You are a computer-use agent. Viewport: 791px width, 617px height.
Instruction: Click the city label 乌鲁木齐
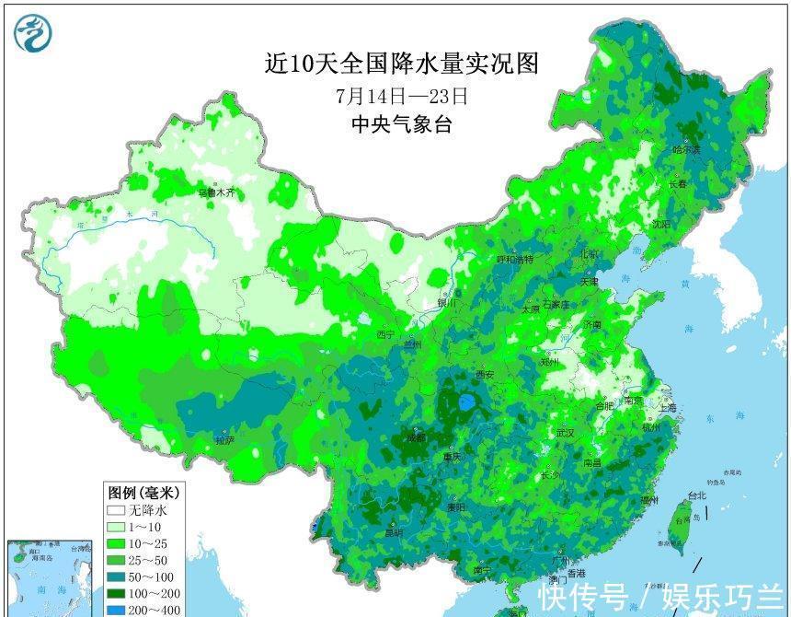pyautogui.click(x=218, y=193)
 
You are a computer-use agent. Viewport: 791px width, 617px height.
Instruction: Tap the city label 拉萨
pyautogui.click(x=224, y=441)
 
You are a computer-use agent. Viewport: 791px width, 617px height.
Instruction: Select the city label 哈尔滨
pyautogui.click(x=685, y=149)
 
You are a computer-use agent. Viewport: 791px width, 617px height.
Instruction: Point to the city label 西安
pyautogui.click(x=485, y=375)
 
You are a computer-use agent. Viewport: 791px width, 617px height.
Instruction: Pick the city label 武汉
pyautogui.click(x=564, y=433)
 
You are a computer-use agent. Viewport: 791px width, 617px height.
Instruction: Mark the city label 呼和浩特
pyautogui.click(x=514, y=260)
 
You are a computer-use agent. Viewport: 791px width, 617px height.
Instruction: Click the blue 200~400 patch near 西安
pyautogui.click(x=467, y=402)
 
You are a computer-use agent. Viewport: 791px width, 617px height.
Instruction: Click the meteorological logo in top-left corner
pyautogui.click(x=33, y=33)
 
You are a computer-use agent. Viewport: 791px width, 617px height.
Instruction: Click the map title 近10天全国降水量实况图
pyautogui.click(x=401, y=64)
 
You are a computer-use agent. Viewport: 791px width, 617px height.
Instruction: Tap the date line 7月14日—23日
pyautogui.click(x=402, y=95)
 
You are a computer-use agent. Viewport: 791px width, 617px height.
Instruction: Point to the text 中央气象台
pyautogui.click(x=402, y=125)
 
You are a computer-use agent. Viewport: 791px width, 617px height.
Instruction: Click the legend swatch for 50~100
pyautogui.click(x=115, y=576)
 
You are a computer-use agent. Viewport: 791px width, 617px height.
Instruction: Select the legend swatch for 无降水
pyautogui.click(x=115, y=510)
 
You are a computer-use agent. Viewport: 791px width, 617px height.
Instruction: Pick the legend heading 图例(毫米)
pyautogui.click(x=144, y=493)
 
